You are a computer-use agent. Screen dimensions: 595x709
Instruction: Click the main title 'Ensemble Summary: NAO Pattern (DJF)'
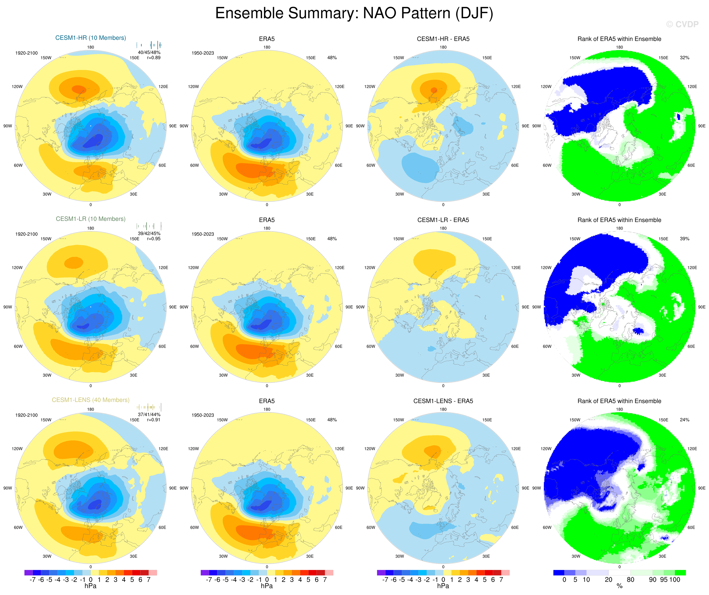pyautogui.click(x=354, y=14)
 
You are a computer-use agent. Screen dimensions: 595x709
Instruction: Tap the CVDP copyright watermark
pyautogui.click(x=682, y=24)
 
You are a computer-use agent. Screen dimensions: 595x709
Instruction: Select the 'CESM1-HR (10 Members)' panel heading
pyautogui.click(x=90, y=38)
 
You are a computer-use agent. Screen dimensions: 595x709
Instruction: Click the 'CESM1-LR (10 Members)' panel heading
pyautogui.click(x=90, y=219)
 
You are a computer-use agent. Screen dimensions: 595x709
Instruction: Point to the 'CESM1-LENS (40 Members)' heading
pyautogui.click(x=90, y=400)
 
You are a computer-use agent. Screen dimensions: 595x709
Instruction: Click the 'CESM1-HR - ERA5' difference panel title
pyautogui.click(x=443, y=39)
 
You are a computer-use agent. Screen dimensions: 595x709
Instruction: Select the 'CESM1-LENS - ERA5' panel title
pyautogui.click(x=443, y=401)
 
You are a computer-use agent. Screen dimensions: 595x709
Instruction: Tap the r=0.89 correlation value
pyautogui.click(x=154, y=58)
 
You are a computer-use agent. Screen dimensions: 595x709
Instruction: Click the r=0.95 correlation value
pyautogui.click(x=154, y=239)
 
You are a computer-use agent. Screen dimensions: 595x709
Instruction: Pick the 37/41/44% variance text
pyautogui.click(x=149, y=414)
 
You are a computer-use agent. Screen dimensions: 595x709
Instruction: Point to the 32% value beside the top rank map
pyautogui.click(x=684, y=58)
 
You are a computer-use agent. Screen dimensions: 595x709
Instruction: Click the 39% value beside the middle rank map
pyautogui.click(x=684, y=239)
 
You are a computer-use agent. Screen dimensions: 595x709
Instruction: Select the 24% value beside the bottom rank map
pyautogui.click(x=684, y=420)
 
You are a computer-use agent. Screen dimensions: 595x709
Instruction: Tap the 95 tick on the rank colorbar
pyautogui.click(x=664, y=580)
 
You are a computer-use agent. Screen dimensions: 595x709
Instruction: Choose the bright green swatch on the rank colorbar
pyautogui.click(x=680, y=573)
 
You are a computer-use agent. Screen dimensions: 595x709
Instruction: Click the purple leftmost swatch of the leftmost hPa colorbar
pyautogui.click(x=28, y=573)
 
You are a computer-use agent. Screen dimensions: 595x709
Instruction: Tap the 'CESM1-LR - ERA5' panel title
pyautogui.click(x=443, y=220)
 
